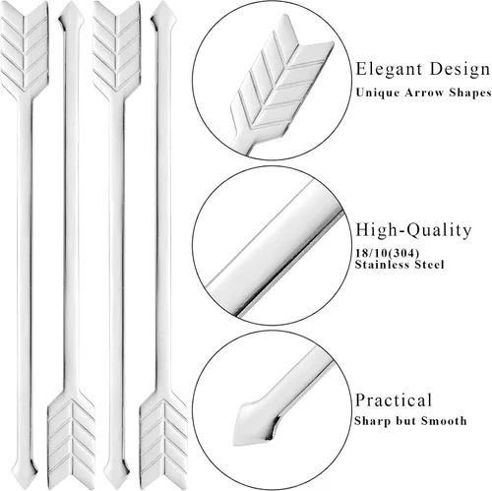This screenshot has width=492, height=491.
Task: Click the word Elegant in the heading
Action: (389, 69)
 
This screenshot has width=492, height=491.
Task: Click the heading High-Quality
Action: (413, 230)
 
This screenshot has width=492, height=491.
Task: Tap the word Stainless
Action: (382, 265)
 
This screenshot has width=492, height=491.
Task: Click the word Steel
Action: (429, 265)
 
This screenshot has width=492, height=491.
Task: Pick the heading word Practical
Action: (394, 400)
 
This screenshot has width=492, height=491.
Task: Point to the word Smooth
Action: (444, 420)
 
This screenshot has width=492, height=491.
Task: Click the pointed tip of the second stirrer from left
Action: (71, 16)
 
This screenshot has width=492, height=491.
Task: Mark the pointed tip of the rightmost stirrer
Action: (163, 16)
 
